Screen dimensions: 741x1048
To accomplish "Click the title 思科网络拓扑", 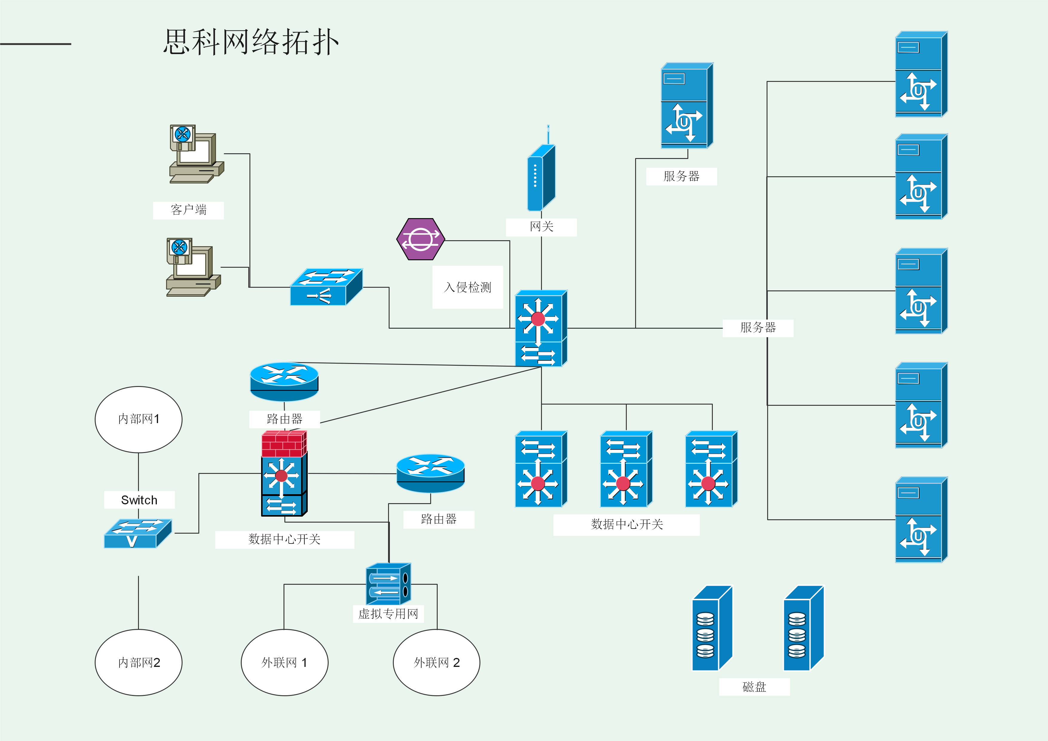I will [251, 42].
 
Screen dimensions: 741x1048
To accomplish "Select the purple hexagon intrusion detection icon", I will [420, 239].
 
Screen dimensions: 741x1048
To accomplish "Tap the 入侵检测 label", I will [468, 287].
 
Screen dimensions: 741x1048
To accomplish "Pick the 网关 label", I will [541, 227].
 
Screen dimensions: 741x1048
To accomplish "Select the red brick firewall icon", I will [284, 444].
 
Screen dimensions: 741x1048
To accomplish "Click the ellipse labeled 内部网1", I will [138, 419].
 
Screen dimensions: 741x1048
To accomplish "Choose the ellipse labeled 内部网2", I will [138, 662].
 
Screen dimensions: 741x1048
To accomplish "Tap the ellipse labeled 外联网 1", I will [284, 662].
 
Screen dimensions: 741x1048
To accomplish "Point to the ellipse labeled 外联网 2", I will [436, 662].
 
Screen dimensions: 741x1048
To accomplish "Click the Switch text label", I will [139, 500].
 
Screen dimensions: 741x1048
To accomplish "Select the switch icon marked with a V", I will [137, 533].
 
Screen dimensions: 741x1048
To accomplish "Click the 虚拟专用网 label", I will [388, 614].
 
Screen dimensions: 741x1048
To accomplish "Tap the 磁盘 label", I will [754, 687].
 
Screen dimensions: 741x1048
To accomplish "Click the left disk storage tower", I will [712, 629].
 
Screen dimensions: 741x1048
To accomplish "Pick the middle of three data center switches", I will [626, 469].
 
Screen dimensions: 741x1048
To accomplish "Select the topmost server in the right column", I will [921, 74].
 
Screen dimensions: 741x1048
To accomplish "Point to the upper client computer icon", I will [196, 154].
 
